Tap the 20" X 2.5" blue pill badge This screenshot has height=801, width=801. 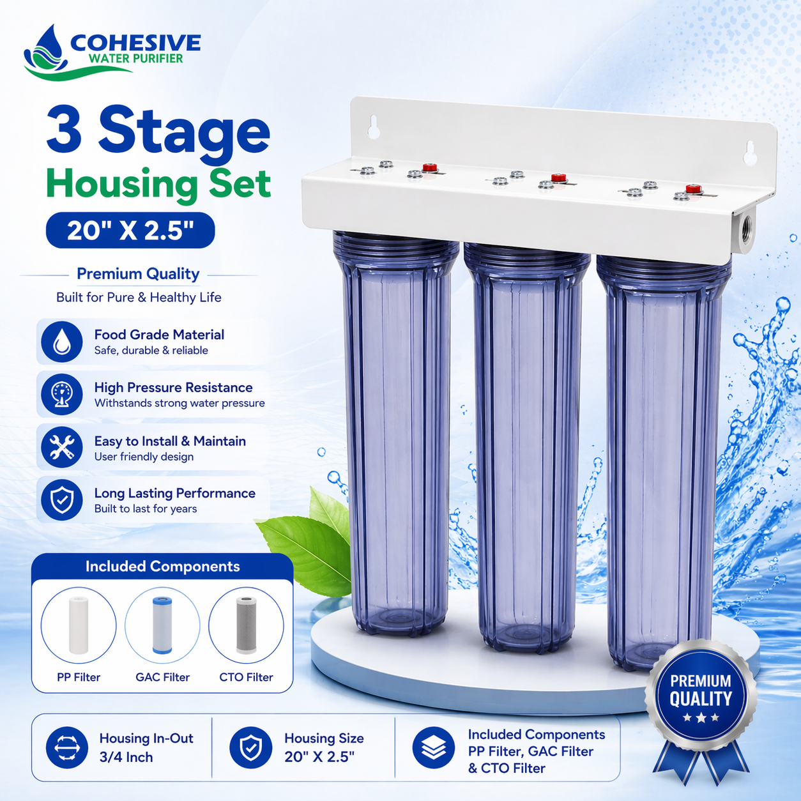point(130,231)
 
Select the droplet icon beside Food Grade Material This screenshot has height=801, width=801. point(61,341)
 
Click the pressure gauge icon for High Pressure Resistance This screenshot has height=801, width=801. point(61,394)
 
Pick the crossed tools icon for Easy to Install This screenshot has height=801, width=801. point(61,447)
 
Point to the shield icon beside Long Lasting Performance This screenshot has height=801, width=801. point(61,500)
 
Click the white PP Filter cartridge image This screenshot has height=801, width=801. point(79,625)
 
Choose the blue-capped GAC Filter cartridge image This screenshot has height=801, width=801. point(162,625)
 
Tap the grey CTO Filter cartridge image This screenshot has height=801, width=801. point(246,625)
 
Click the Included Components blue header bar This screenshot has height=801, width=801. point(162,567)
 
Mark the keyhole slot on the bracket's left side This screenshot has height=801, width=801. point(373,126)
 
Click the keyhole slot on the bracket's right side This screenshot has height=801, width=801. point(751,153)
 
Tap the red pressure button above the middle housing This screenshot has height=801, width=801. point(558,178)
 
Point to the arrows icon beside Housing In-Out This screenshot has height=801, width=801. point(67,748)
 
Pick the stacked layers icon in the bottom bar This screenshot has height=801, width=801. point(434,748)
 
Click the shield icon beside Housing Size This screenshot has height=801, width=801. point(250,748)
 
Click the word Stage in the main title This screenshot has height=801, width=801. point(184,133)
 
